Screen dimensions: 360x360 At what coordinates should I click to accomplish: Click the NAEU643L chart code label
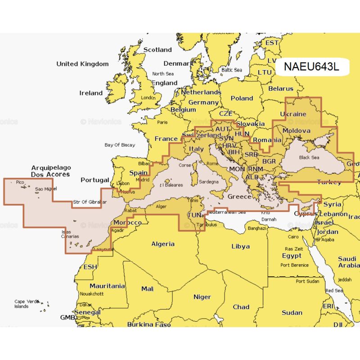(x=311, y=67)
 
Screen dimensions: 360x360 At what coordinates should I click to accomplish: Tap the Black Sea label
(x=309, y=157)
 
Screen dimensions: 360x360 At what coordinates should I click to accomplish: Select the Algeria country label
(x=162, y=244)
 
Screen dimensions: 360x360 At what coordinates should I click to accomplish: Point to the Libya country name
(x=240, y=246)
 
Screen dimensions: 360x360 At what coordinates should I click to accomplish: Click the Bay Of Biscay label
(x=119, y=145)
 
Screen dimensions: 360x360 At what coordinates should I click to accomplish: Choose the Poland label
(x=242, y=98)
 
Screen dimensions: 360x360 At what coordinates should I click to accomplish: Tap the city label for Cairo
(x=293, y=237)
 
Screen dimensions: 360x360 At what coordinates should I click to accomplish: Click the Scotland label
(x=157, y=50)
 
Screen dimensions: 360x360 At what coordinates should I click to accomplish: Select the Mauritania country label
(x=107, y=286)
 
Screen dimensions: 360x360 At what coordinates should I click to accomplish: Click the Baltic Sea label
(x=231, y=70)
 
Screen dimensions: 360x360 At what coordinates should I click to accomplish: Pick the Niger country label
(x=202, y=297)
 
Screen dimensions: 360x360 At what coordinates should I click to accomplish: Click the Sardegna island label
(x=208, y=181)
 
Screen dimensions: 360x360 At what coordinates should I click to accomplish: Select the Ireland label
(x=91, y=93)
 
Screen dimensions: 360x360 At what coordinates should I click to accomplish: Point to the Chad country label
(x=241, y=307)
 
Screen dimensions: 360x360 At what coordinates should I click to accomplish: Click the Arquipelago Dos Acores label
(x=50, y=171)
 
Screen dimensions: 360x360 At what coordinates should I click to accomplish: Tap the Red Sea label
(x=334, y=291)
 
